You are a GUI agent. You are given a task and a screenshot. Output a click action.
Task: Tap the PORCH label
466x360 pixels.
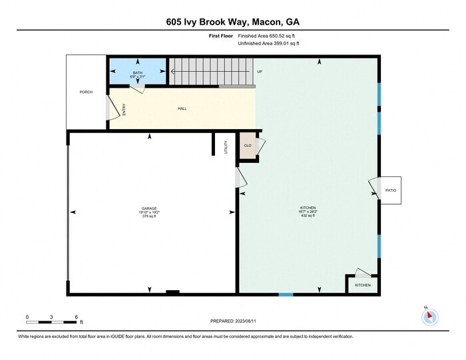[86, 92]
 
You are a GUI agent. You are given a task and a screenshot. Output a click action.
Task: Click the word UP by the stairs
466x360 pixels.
[259, 71]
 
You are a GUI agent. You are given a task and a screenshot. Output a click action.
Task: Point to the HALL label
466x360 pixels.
[182, 108]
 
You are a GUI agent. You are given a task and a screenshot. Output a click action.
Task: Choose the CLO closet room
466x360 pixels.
[248, 146]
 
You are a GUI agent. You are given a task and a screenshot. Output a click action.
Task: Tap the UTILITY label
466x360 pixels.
[226, 146]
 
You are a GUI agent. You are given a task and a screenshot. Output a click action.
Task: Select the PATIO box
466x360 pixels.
[390, 191]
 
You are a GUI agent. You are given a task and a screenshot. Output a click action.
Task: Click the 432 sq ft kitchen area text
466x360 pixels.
[307, 216]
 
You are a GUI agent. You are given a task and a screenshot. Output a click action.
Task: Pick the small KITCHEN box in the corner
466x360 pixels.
[363, 285]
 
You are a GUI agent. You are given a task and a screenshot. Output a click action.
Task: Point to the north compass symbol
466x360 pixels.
[430, 317]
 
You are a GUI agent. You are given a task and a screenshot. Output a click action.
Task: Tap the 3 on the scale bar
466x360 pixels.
[51, 317]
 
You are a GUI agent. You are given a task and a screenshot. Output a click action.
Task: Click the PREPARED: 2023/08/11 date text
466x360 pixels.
[232, 321]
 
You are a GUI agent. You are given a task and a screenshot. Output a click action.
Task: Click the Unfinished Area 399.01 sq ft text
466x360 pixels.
[269, 43]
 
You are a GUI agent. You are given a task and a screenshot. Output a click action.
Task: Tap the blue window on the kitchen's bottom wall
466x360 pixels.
[286, 294]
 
